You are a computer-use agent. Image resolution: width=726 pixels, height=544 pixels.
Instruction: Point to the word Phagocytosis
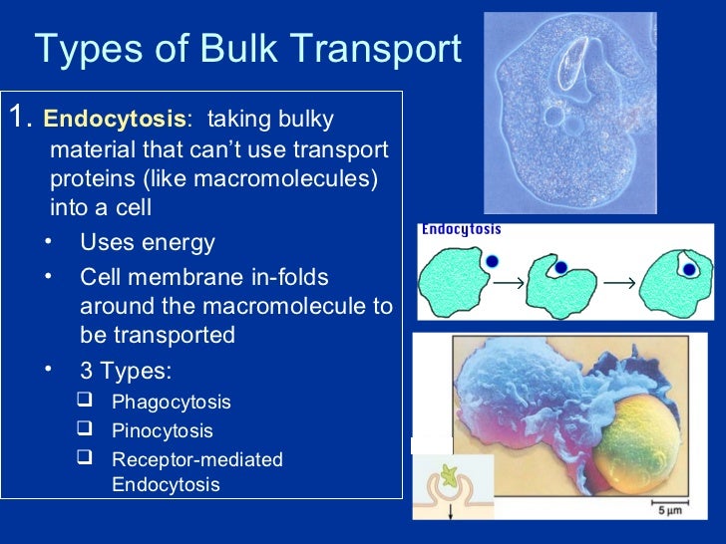pos(171,403)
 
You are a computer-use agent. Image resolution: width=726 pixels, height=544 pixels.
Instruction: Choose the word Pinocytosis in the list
pos(162,431)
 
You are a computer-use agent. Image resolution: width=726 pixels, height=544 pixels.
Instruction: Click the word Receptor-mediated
pos(196,460)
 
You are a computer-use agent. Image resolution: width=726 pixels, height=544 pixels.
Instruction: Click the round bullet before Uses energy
pos(50,242)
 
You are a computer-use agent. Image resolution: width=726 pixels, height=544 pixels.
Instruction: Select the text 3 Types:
pos(126,372)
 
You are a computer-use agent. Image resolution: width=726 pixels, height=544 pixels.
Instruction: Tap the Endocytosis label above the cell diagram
pos(461,229)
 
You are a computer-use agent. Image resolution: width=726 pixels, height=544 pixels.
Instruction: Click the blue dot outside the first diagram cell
pos(493,261)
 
